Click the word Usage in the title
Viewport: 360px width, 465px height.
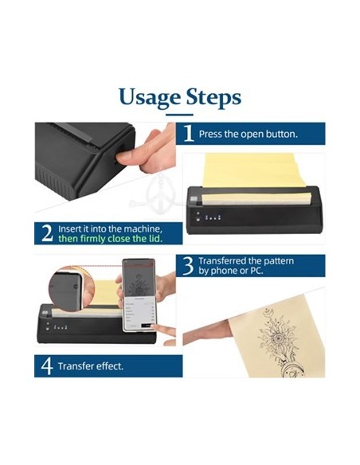150,98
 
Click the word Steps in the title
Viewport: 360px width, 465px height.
213,98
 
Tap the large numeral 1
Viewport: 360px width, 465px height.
189,133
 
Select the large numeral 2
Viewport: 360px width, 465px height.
48,233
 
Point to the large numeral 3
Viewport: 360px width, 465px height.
188,266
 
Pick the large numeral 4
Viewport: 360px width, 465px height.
47,366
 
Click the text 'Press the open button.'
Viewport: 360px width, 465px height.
248,134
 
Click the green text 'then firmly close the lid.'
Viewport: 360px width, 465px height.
111,239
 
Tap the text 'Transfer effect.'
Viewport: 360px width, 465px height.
91,366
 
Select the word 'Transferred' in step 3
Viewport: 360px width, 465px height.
222,260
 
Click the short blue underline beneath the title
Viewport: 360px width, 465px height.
179,115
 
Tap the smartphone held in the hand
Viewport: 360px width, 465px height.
139,295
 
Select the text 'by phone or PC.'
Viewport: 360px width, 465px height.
231,271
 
